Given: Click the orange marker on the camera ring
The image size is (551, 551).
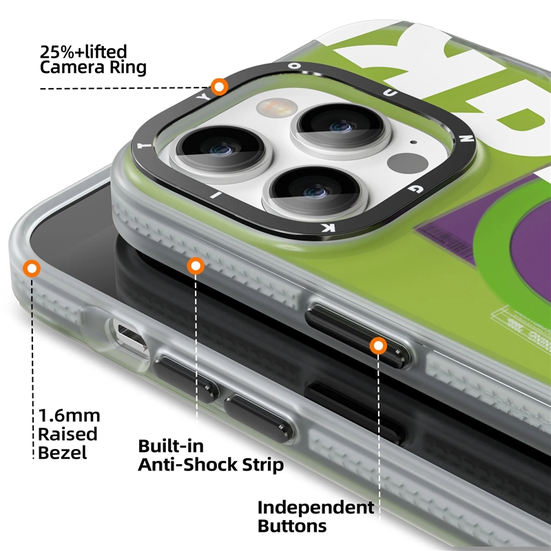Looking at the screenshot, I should pyautogui.click(x=220, y=87).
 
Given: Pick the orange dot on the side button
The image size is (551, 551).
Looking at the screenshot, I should pyautogui.click(x=377, y=346).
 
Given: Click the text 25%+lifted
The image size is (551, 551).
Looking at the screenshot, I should pyautogui.click(x=84, y=51).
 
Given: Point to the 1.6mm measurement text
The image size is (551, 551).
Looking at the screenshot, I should pyautogui.click(x=70, y=416).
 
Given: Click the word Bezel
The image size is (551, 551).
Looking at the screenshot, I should pyautogui.click(x=62, y=453).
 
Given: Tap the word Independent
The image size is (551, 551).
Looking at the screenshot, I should pyautogui.click(x=316, y=508).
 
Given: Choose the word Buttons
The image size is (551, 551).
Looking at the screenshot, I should pyautogui.click(x=292, y=527).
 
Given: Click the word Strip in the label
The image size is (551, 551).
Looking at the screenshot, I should pyautogui.click(x=262, y=465).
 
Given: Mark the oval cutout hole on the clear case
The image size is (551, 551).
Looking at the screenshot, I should pyautogui.click(x=129, y=337).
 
